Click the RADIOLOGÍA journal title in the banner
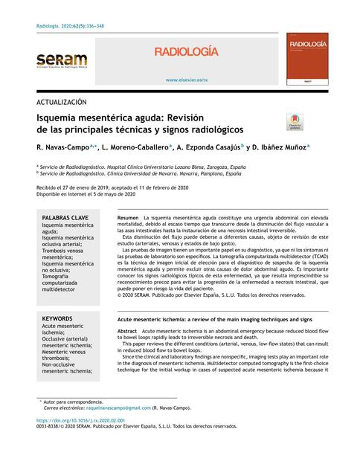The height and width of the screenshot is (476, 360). coord(187,51)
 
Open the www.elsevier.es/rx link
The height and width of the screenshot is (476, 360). coord(187,80)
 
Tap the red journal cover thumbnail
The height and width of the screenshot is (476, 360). coord(308,62)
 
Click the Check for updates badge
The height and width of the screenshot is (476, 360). coord(295,122)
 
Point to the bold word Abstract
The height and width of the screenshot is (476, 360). coord(128,329)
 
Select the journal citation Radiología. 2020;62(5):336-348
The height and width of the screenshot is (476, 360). coord(74,26)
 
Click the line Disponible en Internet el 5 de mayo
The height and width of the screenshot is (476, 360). coord(86,195)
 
